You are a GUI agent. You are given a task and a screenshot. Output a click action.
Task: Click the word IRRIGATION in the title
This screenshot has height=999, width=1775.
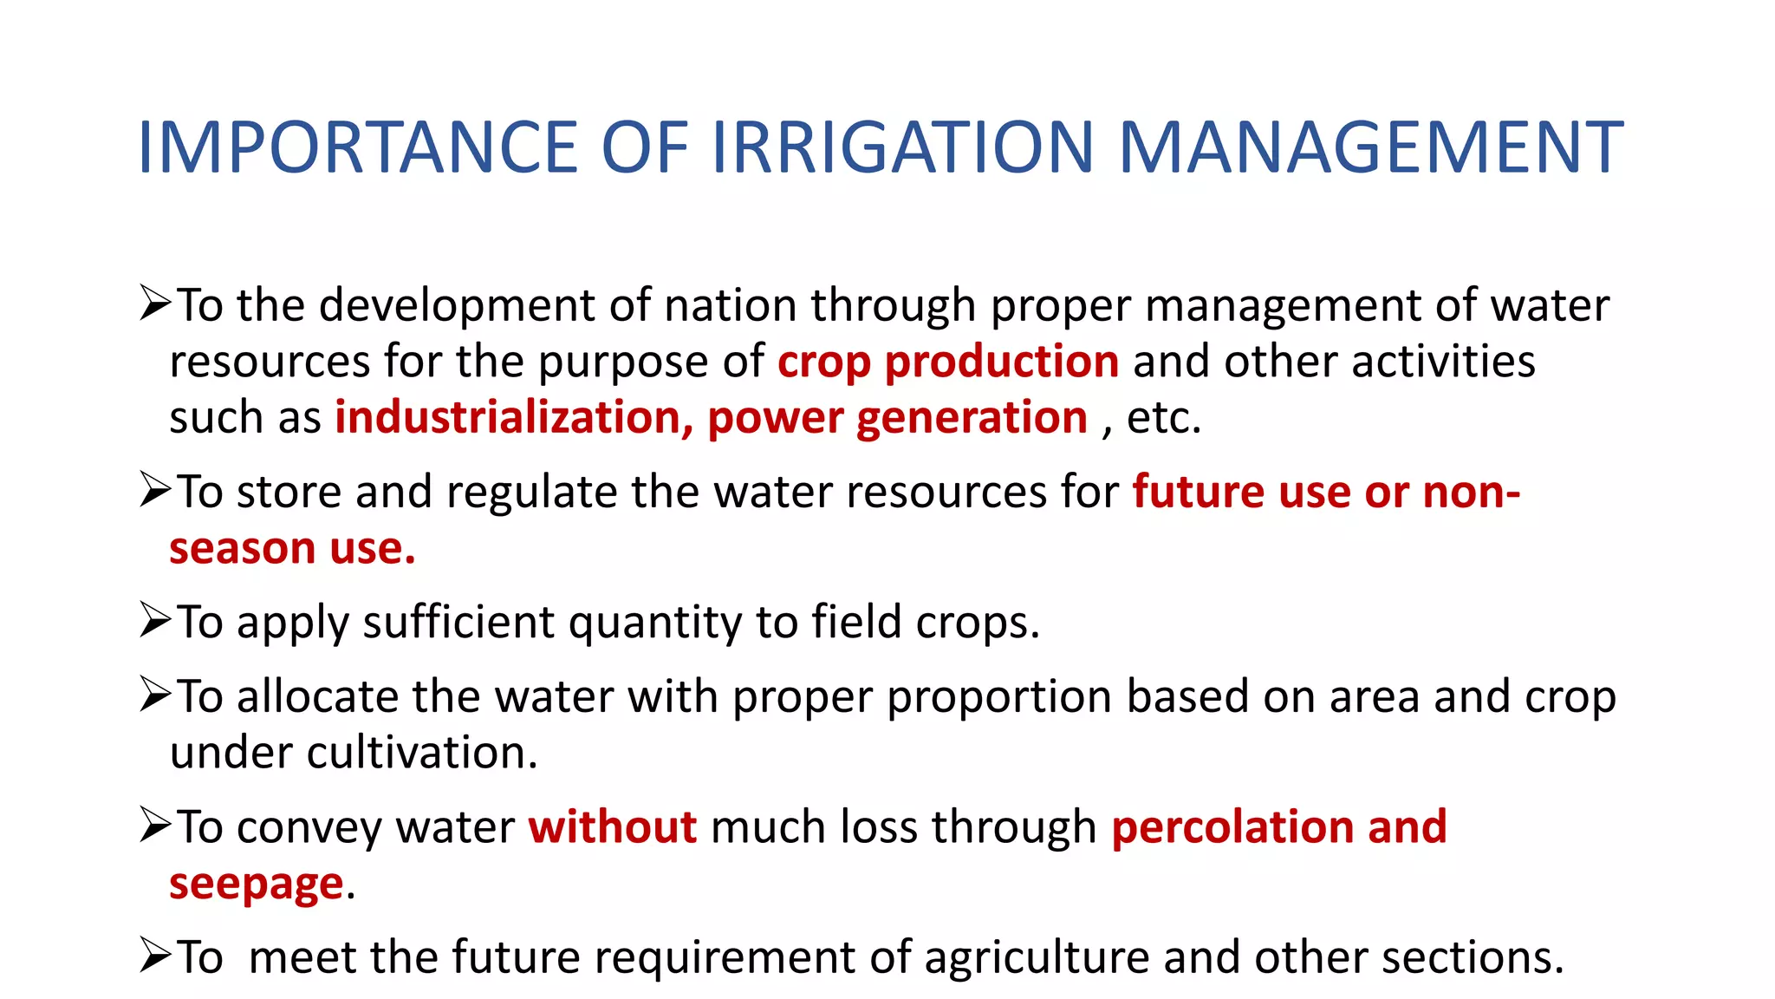point(903,147)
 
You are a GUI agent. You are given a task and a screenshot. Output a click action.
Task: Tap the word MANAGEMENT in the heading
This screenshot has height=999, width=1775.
point(1370,147)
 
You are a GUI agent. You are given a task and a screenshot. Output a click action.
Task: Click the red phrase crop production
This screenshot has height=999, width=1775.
point(948,362)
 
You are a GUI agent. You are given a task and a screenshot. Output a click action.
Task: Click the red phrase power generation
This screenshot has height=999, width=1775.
point(897,418)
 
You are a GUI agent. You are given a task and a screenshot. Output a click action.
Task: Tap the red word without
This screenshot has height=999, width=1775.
point(613,826)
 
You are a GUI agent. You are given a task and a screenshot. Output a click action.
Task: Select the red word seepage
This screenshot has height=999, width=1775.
point(257,885)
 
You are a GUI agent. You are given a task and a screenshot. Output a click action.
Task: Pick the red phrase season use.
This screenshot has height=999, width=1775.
point(292,548)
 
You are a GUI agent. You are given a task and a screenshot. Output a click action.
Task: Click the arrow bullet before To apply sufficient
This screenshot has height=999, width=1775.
point(155,620)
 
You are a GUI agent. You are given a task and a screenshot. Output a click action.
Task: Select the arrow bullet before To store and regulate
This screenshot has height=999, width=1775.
point(155,490)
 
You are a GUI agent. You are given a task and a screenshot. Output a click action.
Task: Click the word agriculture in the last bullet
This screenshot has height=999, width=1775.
point(1036,958)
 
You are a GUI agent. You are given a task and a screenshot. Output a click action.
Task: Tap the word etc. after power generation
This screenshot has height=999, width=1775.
point(1163,418)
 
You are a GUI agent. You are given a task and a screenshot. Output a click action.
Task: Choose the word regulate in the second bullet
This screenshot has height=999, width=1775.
point(531,493)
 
